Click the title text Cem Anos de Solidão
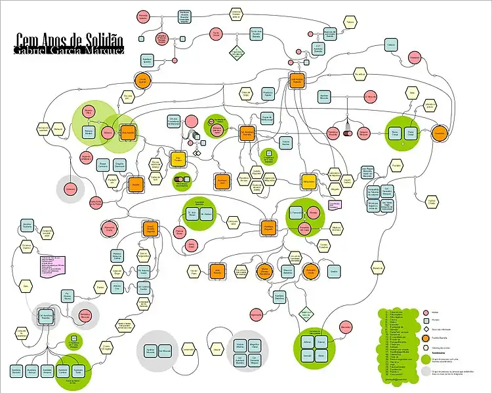pyautogui.click(x=69, y=40)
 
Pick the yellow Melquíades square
pyautogui.click(x=309, y=181)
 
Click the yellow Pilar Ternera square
pyautogui.click(x=177, y=159)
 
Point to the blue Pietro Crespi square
pyautogui.click(x=411, y=133)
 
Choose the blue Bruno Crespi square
pyautogui.click(x=395, y=133)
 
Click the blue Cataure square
pyautogui.click(x=391, y=45)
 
